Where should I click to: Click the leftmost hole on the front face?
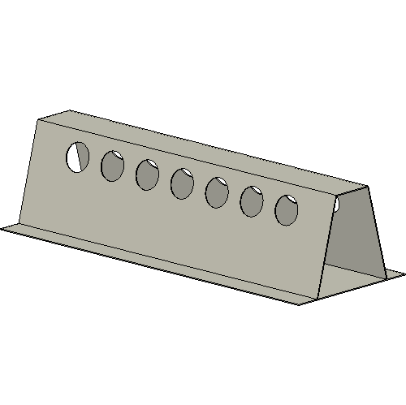78,156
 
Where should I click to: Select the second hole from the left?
112,166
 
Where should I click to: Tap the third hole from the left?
147,174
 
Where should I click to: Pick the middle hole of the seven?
182,183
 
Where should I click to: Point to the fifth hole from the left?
217,192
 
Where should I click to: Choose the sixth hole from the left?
252,201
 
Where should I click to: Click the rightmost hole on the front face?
286,210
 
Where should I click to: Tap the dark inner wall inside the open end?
357,235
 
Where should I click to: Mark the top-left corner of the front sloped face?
38,119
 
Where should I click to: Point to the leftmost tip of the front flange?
2,228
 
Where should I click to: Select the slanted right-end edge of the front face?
331,243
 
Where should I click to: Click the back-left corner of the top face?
70,110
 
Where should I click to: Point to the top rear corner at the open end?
368,187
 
